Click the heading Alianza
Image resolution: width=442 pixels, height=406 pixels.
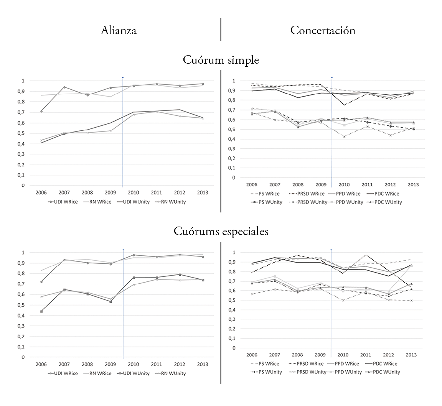tap(119, 31)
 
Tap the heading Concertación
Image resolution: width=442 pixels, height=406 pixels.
tap(323, 30)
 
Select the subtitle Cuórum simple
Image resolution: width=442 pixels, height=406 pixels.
tap(221, 60)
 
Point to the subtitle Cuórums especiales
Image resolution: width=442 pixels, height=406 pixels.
tap(221, 232)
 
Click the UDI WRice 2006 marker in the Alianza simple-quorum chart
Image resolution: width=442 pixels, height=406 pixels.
tap(41, 111)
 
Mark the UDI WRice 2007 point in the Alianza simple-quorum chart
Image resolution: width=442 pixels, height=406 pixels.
tap(64, 87)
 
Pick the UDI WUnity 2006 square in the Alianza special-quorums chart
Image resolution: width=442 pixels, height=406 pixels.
tap(41, 311)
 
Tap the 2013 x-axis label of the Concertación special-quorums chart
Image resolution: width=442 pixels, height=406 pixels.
tap(411, 355)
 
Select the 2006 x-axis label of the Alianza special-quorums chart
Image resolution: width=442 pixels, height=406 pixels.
tap(41, 364)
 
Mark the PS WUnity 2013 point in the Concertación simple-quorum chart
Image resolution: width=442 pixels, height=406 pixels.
tap(414, 129)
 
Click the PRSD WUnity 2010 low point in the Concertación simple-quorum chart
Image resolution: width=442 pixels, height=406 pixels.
tap(344, 136)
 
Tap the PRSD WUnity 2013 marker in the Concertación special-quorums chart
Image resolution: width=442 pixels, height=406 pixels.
tap(411, 301)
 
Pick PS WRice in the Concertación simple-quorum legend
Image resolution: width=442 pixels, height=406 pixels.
tap(266, 194)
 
